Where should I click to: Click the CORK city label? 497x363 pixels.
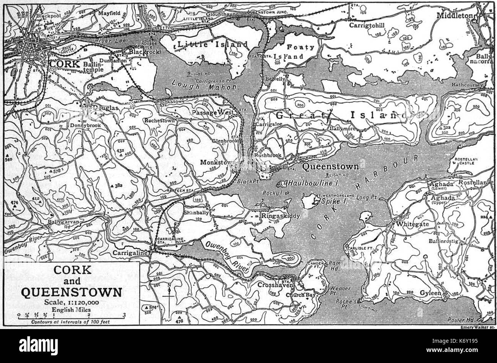tap(65, 64)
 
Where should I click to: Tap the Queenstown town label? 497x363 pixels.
tap(331, 166)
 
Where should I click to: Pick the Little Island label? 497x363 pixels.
tap(213, 45)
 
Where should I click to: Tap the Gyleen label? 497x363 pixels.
tap(430, 293)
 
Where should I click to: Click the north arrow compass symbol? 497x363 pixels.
tap(169, 296)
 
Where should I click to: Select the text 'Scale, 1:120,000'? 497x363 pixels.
tap(71, 303)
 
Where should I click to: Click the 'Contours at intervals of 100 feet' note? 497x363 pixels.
tap(71, 322)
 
